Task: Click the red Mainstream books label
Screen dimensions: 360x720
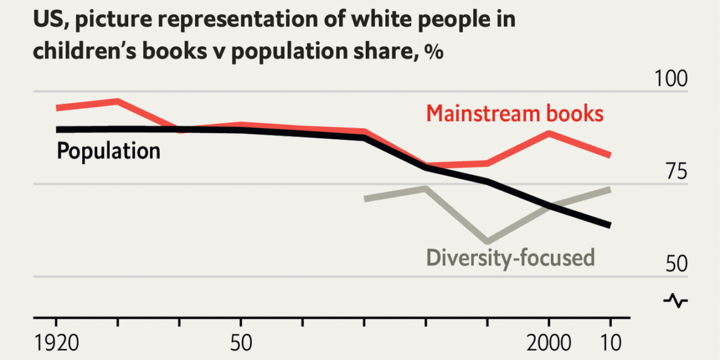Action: pyautogui.click(x=515, y=114)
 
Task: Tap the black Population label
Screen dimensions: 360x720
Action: pyautogui.click(x=108, y=152)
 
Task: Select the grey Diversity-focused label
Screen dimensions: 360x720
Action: pyautogui.click(x=510, y=258)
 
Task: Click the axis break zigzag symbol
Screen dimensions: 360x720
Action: pyautogui.click(x=675, y=301)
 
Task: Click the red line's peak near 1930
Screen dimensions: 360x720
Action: pyautogui.click(x=117, y=100)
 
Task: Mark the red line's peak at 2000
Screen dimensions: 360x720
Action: pyautogui.click(x=549, y=133)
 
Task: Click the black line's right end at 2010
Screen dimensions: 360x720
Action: pyautogui.click(x=610, y=225)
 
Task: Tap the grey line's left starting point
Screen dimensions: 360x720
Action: pyautogui.click(x=365, y=199)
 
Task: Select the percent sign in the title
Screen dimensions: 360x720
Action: pyautogui.click(x=433, y=52)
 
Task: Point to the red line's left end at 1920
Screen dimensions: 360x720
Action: pyautogui.click(x=57, y=108)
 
